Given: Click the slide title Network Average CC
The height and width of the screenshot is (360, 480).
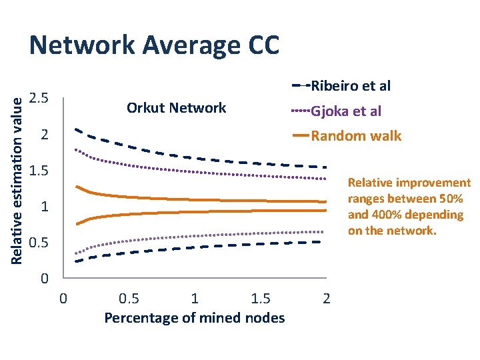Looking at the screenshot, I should (x=154, y=45).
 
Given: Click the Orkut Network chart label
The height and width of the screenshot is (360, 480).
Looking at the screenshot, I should (x=177, y=108).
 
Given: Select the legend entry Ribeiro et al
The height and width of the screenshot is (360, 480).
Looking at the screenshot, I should (x=351, y=85).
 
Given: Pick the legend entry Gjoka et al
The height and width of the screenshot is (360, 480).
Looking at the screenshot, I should (x=346, y=111).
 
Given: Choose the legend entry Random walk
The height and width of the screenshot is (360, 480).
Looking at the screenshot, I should (x=356, y=136).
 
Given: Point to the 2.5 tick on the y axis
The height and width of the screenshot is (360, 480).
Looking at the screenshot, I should (x=40, y=99).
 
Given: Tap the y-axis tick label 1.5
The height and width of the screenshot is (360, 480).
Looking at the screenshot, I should (x=40, y=171).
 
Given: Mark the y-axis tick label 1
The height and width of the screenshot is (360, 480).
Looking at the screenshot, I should (x=44, y=207).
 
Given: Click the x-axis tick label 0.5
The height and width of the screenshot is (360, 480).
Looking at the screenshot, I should (x=129, y=297).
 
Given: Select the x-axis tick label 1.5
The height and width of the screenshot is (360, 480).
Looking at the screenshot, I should (x=260, y=297).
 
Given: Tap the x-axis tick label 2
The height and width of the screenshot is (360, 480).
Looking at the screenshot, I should (x=326, y=297).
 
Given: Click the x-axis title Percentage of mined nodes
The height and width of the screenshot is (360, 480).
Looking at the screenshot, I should (x=195, y=317).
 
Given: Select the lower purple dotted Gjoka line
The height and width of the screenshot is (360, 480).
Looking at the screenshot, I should (x=200, y=235).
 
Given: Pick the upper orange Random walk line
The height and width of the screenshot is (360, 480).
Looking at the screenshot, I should (x=200, y=198).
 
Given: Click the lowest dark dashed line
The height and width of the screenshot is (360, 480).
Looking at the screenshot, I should (x=200, y=247).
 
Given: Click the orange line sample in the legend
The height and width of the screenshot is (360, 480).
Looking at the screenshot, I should (x=301, y=136).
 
